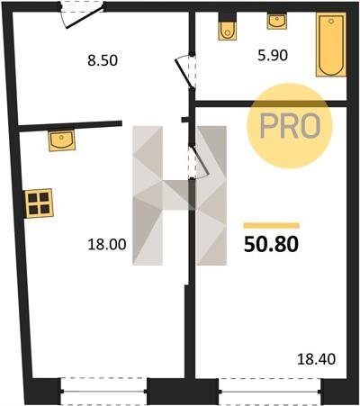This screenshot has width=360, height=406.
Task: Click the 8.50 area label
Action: tap(103, 60)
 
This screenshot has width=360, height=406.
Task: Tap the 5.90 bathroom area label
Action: tap(273, 55)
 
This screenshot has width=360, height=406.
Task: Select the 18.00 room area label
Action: tap(107, 244)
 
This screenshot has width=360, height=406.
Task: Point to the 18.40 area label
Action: tap(316, 359)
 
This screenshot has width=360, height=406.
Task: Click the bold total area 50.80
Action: tap(271, 244)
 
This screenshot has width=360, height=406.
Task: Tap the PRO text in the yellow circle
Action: tap(290, 126)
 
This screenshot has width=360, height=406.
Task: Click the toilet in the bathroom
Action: tap(227, 27)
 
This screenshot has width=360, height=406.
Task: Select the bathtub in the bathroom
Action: tap(331, 44)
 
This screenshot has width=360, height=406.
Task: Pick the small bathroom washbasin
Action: tap(277, 22)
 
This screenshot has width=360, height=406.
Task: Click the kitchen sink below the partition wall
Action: tap(61, 140)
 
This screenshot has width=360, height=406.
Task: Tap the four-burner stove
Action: tap(39, 203)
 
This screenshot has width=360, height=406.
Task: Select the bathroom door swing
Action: tap(185, 71)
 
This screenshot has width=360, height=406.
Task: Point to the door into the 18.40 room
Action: tap(199, 161)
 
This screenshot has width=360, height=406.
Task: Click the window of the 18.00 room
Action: tap(103, 392)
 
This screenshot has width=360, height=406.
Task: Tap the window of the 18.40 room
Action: tap(270, 392)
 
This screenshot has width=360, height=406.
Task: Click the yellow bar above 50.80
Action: tap(272, 225)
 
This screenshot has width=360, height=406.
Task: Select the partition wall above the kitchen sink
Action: tap(70, 126)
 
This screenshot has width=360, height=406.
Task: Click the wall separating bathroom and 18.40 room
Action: tap(271, 104)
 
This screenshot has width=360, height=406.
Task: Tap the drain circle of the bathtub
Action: tap(331, 22)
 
